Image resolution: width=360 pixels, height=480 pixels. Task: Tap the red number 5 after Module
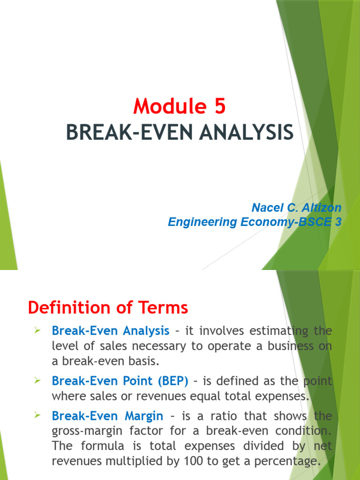(x=220, y=107)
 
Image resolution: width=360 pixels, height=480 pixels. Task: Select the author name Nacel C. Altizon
(x=296, y=208)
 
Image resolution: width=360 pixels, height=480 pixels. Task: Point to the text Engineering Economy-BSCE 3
(x=255, y=222)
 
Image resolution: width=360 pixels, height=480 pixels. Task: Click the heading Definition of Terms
(x=108, y=308)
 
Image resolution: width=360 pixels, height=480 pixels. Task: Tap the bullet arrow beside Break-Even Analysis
(x=38, y=331)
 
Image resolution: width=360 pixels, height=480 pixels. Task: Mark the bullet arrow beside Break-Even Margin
(x=38, y=416)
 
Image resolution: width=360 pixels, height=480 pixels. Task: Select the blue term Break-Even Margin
(x=107, y=416)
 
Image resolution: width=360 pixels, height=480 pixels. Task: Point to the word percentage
(x=285, y=461)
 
